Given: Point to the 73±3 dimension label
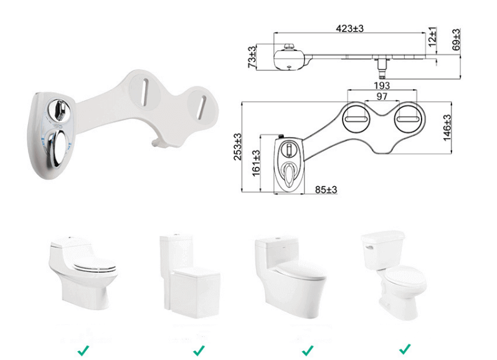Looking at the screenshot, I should click(252, 57).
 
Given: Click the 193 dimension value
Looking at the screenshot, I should click(381, 85).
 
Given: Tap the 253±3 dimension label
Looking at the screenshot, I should click(238, 147).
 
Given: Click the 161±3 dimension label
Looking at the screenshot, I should click(256, 164).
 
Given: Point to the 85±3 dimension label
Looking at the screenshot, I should click(324, 189).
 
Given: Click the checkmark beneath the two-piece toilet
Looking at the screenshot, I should click(404, 349).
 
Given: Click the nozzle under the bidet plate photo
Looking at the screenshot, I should click(157, 143).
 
